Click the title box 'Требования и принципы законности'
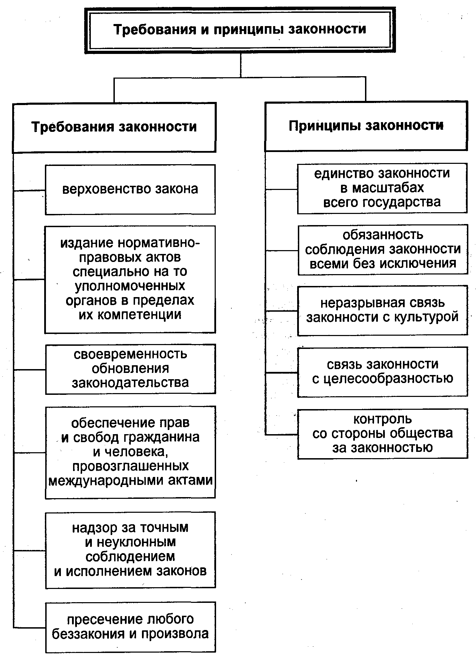[x=240, y=30]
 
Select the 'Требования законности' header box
[x=114, y=127]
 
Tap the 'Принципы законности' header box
[x=366, y=126]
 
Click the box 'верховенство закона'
[x=130, y=190]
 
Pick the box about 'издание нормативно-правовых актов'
[x=130, y=279]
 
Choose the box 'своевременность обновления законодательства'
[x=130, y=369]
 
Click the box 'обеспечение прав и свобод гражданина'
[x=130, y=452]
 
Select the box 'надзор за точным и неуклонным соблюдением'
[x=130, y=550]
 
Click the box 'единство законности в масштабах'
[x=382, y=188]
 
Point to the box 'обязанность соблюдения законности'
[x=383, y=250]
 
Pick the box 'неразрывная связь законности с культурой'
[x=383, y=311]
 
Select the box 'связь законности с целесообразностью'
[x=383, y=372]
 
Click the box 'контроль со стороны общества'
[x=383, y=434]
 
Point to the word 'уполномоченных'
[x=130, y=286]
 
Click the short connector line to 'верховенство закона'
[x=29, y=190]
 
